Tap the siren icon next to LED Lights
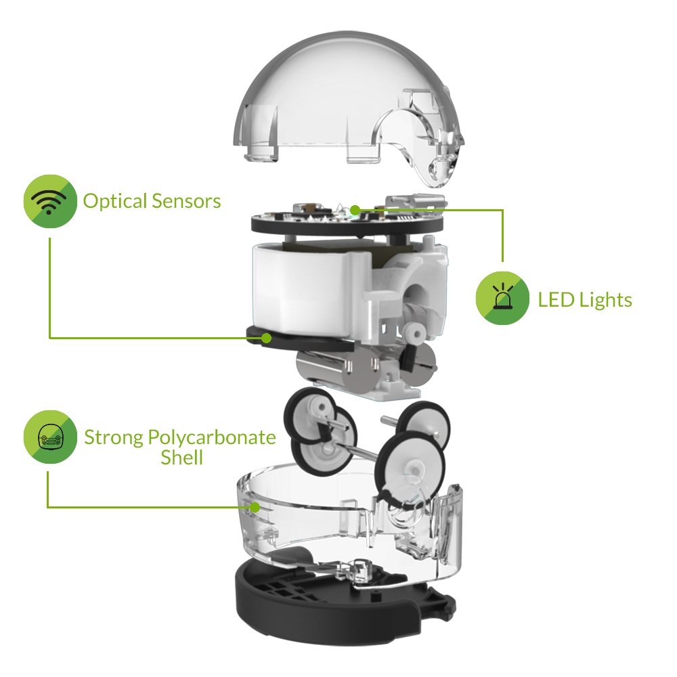(502, 299)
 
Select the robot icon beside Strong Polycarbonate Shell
(50, 438)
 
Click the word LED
(554, 299)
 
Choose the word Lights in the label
(604, 299)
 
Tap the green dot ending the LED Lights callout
(354, 209)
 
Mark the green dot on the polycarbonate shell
(255, 506)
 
